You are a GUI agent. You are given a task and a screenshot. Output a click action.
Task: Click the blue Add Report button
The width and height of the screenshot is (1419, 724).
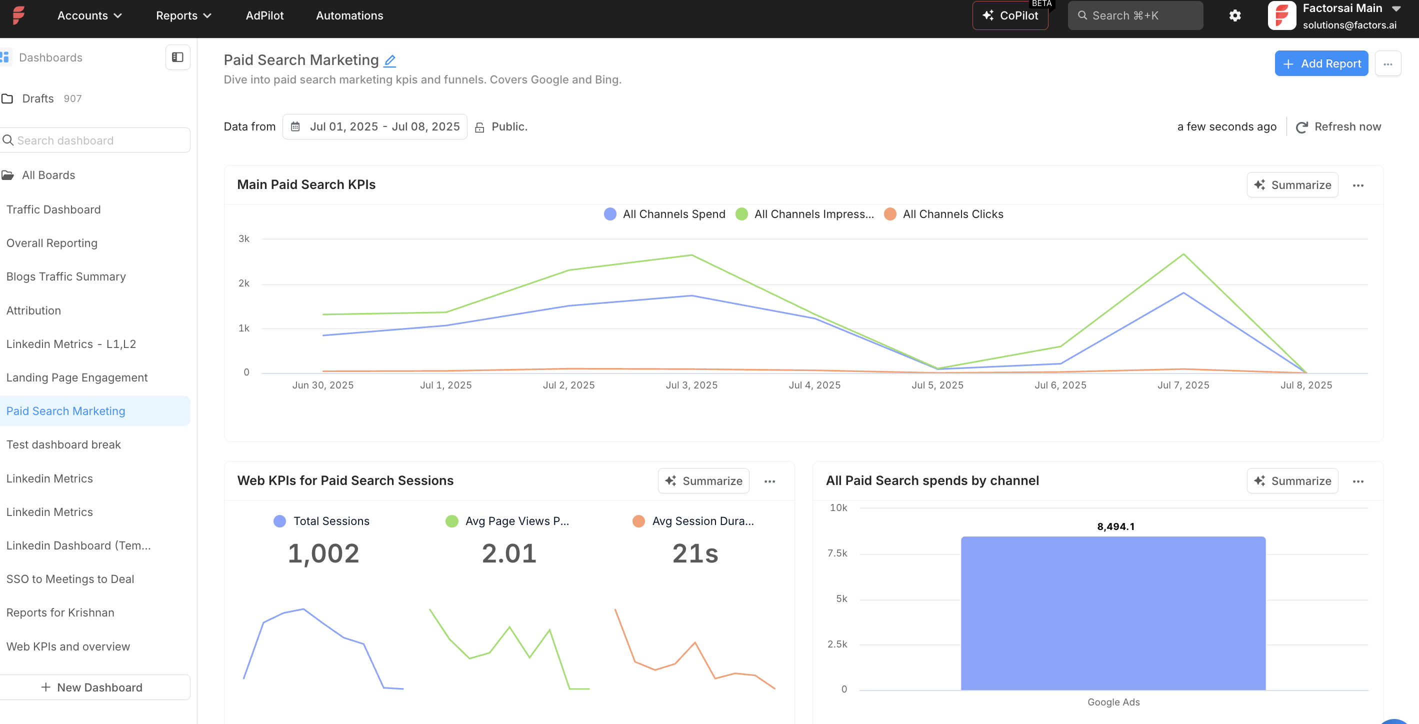tap(1320, 64)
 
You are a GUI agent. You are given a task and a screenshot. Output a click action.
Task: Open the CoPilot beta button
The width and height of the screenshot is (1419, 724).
tap(1010, 15)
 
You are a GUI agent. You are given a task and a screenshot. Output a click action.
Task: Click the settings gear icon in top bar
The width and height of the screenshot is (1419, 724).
tap(1234, 15)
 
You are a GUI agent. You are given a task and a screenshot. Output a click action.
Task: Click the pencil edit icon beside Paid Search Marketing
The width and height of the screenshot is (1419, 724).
tap(389, 60)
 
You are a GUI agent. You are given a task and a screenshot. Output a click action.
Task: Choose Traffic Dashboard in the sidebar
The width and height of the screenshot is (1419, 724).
tap(53, 209)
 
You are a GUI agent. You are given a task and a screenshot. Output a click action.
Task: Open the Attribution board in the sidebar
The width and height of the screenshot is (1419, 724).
tap(33, 310)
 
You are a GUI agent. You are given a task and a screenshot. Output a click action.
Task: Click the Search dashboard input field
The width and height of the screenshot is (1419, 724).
tap(96, 140)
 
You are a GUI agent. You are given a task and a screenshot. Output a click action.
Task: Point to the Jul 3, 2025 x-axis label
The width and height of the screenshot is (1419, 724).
tap(691, 385)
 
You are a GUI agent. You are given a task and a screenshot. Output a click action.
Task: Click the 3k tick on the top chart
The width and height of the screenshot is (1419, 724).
tap(243, 238)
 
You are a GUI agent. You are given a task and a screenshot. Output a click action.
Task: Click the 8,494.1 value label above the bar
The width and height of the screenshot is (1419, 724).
tap(1115, 526)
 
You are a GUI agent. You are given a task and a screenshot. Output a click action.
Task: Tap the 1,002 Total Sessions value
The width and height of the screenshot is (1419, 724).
tap(323, 553)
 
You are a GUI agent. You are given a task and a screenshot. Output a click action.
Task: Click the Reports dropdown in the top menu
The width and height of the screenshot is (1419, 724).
tap(183, 15)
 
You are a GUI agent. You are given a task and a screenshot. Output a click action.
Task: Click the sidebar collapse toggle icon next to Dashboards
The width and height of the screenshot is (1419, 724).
tap(177, 57)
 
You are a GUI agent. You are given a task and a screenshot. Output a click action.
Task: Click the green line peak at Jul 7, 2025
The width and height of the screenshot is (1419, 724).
tap(1183, 254)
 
